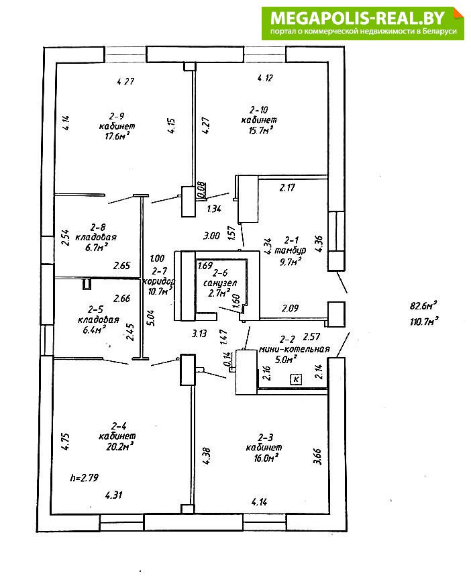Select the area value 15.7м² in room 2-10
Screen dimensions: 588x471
coord(260,130)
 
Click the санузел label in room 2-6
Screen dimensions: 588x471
coord(220,283)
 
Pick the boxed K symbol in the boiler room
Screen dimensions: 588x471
coord(296,379)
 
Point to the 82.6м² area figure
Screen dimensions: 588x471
coord(424,305)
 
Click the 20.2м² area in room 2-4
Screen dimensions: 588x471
coord(121,444)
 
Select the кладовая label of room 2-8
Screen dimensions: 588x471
coord(97,238)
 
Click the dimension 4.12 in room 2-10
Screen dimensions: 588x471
coord(266,78)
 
